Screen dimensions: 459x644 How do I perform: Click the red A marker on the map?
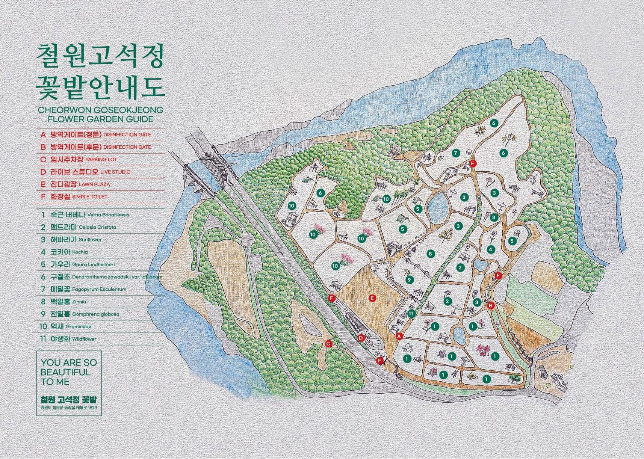tap(399, 336)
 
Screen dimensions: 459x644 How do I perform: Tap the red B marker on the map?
tap(490, 305)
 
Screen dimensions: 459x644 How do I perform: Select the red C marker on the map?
tap(328, 344)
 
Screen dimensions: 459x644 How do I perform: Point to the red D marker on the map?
tap(361, 338)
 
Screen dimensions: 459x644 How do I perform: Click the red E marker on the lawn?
tap(372, 298)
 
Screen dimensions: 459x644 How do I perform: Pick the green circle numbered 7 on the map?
tap(456, 153)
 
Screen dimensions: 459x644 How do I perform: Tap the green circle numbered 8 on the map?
tap(431, 254)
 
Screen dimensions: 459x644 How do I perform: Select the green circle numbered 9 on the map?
tap(410, 279)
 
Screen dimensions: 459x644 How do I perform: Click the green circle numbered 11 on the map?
tap(411, 313)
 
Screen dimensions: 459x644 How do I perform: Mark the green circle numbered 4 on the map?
tap(490, 249)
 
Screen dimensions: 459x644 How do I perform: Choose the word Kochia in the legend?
tap(80, 252)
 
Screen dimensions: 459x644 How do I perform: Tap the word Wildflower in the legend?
tap(84, 339)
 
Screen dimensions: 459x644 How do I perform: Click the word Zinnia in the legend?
tap(79, 302)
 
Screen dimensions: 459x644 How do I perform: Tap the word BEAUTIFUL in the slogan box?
tap(65, 372)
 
